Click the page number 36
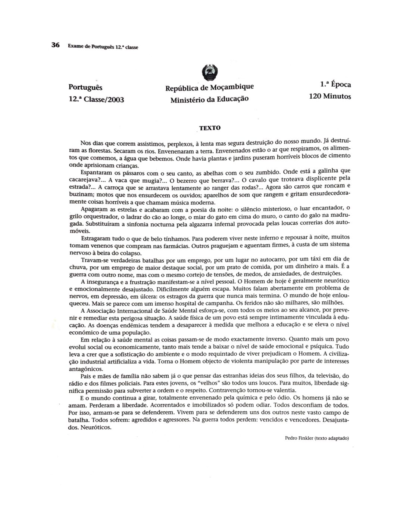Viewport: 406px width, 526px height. click(55, 45)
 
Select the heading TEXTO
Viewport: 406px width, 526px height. click(210, 128)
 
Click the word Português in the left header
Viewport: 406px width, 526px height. click(85, 87)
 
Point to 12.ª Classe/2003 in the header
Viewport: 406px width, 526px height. click(96, 99)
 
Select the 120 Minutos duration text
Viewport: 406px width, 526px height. click(330, 96)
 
